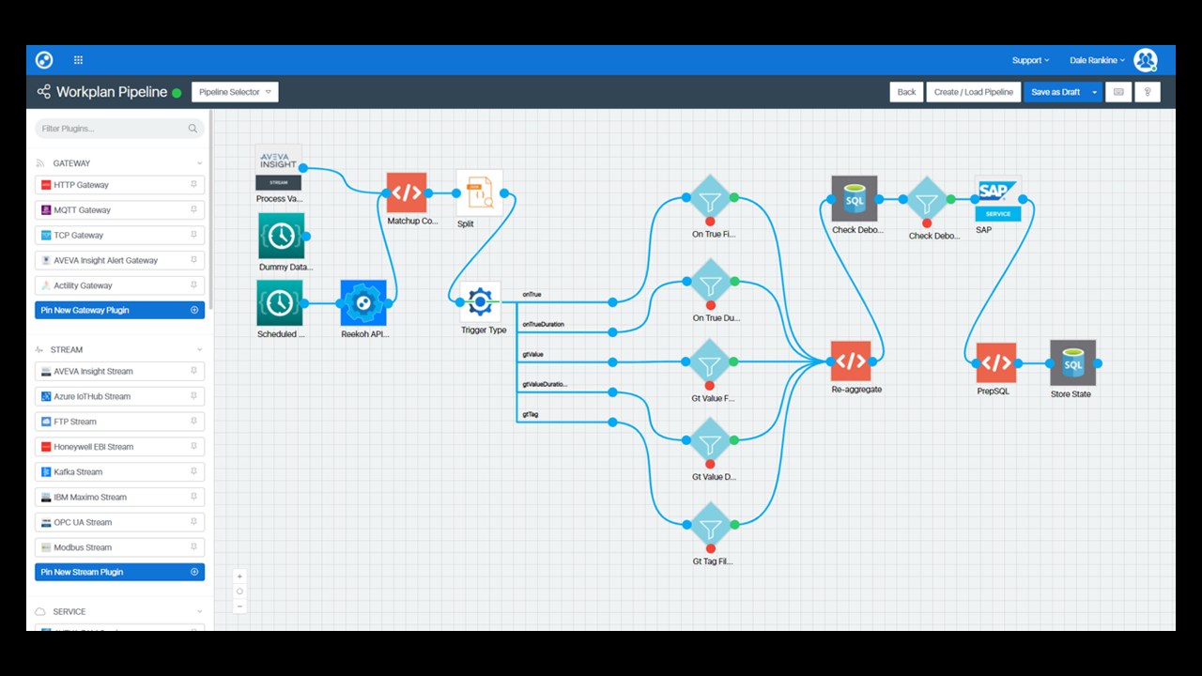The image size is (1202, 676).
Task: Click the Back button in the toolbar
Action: (906, 92)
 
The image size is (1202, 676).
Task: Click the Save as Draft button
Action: (1056, 92)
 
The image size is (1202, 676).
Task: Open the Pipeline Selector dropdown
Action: (235, 92)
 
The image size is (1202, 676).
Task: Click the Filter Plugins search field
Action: (113, 129)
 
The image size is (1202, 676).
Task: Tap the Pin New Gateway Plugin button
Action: (119, 310)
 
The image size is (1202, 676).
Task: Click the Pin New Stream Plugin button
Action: (119, 572)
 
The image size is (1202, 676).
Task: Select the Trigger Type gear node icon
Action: (480, 302)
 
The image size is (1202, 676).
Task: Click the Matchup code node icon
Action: (407, 193)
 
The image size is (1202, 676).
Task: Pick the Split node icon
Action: (480, 193)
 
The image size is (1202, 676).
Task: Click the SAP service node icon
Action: (997, 199)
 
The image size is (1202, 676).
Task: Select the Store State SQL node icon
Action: (1072, 363)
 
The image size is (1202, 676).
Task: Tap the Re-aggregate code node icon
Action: (851, 361)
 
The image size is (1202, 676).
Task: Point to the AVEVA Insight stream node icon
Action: (278, 168)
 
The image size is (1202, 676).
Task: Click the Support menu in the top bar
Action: (1030, 60)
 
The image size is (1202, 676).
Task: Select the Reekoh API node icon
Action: (363, 303)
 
